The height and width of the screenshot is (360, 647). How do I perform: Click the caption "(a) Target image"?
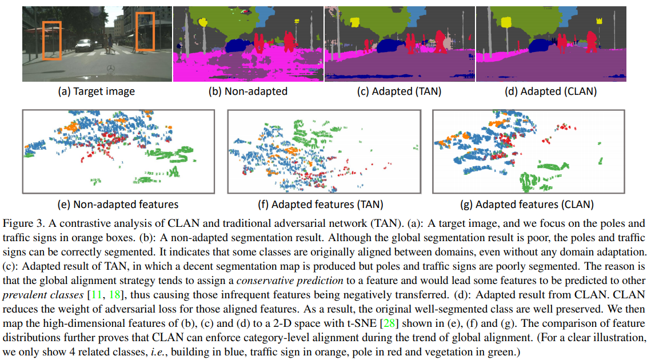pyautogui.click(x=97, y=91)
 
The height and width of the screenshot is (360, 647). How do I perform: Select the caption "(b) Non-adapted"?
pyautogui.click(x=248, y=91)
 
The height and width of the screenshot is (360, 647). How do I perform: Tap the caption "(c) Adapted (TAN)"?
pyautogui.click(x=400, y=91)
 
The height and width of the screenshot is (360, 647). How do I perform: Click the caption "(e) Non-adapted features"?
pyautogui.click(x=118, y=204)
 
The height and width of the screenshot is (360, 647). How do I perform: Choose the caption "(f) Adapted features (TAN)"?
pyautogui.click(x=328, y=204)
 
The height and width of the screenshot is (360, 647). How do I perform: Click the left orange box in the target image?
pyautogui.click(x=52, y=41)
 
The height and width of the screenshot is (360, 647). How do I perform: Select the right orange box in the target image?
pyautogui.click(x=145, y=32)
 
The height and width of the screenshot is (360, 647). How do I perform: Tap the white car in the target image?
pyautogui.click(x=85, y=44)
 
